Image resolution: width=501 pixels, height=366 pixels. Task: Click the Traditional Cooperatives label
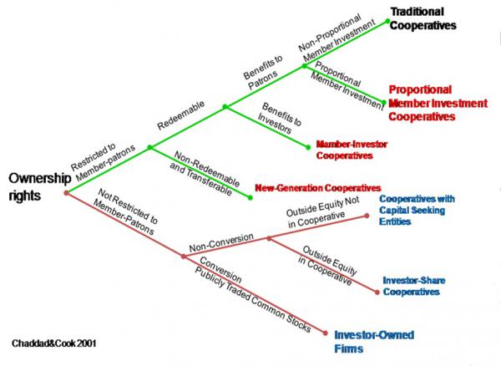(423, 18)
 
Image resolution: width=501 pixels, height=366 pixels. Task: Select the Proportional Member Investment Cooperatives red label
(438, 103)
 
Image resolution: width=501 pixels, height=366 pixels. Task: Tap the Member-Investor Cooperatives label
(352, 150)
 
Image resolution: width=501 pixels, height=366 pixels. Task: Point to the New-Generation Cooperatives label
(318, 188)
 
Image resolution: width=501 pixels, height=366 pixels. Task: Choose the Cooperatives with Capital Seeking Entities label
(417, 210)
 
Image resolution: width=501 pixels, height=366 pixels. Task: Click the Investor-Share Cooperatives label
(414, 286)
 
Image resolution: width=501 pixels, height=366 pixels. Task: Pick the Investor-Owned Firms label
(374, 342)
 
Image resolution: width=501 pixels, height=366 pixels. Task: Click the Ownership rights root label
(39, 186)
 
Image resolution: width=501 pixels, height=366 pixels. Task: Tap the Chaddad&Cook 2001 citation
(54, 343)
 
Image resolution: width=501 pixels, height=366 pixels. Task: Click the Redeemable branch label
(181, 115)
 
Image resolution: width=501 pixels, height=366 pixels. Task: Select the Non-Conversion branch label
(221, 242)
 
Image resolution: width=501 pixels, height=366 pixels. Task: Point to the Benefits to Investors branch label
(279, 118)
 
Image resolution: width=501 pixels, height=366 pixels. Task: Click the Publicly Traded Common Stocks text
(252, 299)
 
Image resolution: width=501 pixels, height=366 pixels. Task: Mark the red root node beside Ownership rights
(67, 193)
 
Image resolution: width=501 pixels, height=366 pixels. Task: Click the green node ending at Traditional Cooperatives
(387, 21)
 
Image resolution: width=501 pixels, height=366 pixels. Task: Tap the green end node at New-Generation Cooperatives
(250, 198)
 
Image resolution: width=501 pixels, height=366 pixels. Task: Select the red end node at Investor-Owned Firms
(326, 333)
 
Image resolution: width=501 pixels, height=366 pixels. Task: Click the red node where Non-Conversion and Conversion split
(183, 256)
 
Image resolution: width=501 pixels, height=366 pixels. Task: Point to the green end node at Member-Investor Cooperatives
(308, 147)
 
